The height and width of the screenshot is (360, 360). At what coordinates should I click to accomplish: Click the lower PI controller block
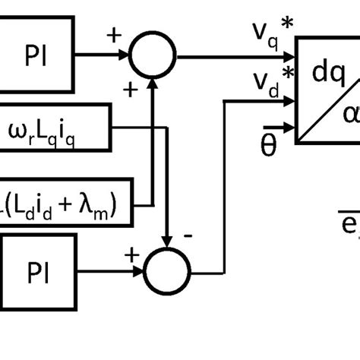click(x=38, y=269)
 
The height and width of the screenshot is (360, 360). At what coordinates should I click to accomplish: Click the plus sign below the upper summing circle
click(x=130, y=90)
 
